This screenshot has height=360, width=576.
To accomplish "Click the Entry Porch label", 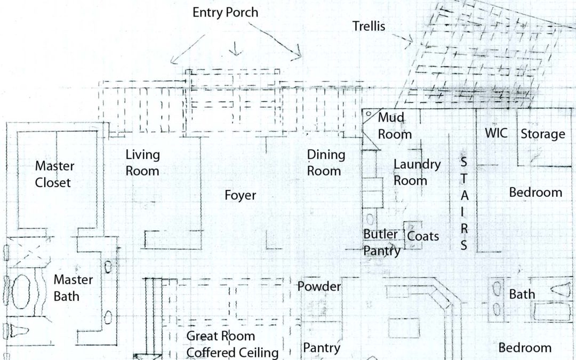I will (x=226, y=12).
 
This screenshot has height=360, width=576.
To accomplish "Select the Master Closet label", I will (x=54, y=174).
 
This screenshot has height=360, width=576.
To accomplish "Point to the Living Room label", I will (x=142, y=163).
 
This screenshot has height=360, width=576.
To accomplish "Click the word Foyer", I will (x=240, y=195).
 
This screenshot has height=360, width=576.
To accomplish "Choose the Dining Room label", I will (x=326, y=163).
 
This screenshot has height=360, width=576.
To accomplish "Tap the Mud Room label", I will (x=395, y=125).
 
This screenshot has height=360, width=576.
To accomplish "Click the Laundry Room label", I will (x=417, y=172).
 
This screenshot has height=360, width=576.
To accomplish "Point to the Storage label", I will (x=542, y=133).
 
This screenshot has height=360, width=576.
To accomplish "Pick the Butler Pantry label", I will (x=381, y=242).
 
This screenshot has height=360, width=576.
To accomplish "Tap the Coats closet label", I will (x=423, y=235).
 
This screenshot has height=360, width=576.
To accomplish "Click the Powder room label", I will (x=319, y=286).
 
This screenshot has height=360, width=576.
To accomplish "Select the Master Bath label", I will (x=73, y=287).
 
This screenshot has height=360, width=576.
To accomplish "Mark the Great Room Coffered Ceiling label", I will (x=232, y=344).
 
